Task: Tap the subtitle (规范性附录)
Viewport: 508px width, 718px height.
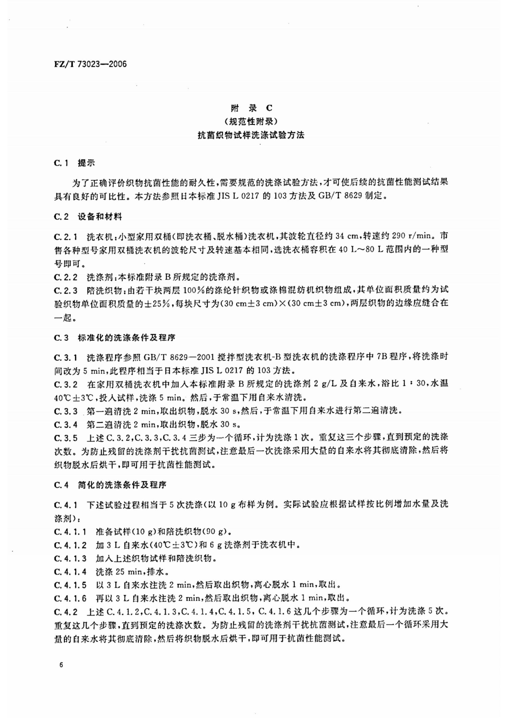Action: click(251, 122)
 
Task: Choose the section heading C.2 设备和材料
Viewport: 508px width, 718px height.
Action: click(88, 217)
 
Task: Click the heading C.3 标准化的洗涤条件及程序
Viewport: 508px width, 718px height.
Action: click(115, 338)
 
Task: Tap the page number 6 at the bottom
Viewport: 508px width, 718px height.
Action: click(61, 665)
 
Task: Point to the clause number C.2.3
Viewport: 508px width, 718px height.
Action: click(66, 290)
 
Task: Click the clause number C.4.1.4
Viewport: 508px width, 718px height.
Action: click(71, 572)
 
